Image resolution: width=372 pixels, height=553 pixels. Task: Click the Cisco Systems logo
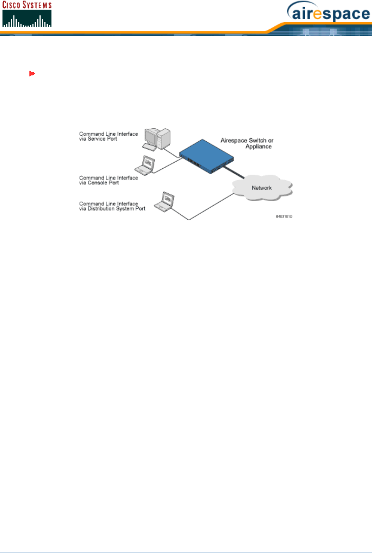click(x=27, y=14)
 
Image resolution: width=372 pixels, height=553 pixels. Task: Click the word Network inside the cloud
click(x=262, y=188)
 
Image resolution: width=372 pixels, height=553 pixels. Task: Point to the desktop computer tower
click(x=163, y=138)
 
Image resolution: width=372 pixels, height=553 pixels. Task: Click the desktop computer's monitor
click(x=151, y=137)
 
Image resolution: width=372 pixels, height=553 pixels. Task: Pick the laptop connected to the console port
click(x=145, y=165)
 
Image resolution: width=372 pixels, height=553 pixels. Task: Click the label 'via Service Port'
click(x=98, y=139)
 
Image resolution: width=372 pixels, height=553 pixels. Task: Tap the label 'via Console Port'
click(x=99, y=183)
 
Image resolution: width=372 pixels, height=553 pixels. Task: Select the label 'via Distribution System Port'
click(x=112, y=209)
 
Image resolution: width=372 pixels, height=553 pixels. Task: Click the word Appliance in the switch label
click(x=258, y=146)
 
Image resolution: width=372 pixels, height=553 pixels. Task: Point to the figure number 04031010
click(x=284, y=217)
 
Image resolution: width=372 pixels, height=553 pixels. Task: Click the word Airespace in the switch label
click(x=234, y=141)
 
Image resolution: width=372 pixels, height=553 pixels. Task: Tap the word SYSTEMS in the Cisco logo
click(x=37, y=5)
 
